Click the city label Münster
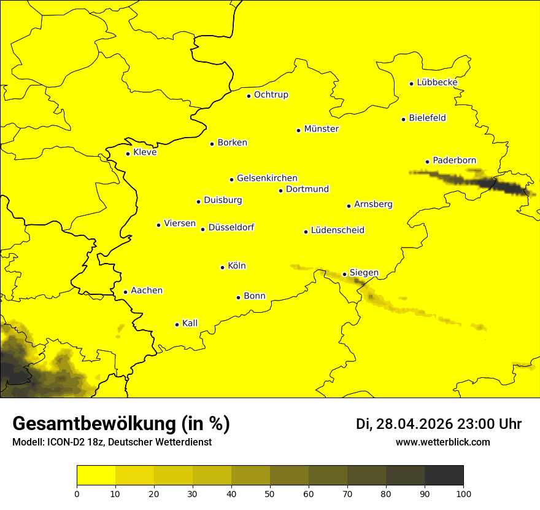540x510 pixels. coord(321,129)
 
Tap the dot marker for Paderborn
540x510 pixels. coord(428,162)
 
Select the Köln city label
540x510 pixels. coord(236,266)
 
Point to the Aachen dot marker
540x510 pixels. coord(125,292)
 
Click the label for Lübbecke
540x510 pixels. coord(437,82)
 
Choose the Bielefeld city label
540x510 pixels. coord(427,118)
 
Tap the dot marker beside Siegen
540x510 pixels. coord(345,274)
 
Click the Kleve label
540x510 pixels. coord(145,152)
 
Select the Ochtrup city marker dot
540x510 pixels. coord(249,95)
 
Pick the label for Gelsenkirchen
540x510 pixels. coord(267,178)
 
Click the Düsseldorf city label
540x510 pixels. coord(231,228)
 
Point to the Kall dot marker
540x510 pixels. coord(177,324)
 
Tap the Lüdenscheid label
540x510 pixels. coord(337,230)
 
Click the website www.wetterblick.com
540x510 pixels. coord(442,442)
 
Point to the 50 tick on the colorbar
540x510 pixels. coord(270,493)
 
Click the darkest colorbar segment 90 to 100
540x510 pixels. coord(444,475)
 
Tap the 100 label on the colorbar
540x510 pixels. coord(463,493)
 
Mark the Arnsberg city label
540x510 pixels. coord(373,205)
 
